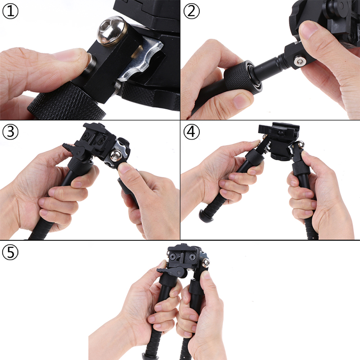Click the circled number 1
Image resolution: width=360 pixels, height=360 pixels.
click(x=10, y=11)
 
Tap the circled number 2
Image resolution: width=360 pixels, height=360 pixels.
click(x=192, y=11)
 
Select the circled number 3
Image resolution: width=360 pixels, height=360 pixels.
click(x=10, y=132)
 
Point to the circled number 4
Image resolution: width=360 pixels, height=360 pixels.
click(x=192, y=132)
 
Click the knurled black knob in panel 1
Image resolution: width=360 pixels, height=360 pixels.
click(x=67, y=102)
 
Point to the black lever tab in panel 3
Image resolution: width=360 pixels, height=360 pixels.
click(x=72, y=150)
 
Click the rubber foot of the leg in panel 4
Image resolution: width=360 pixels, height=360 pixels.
click(x=206, y=216)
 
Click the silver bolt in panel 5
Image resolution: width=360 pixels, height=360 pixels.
click(x=206, y=263)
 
